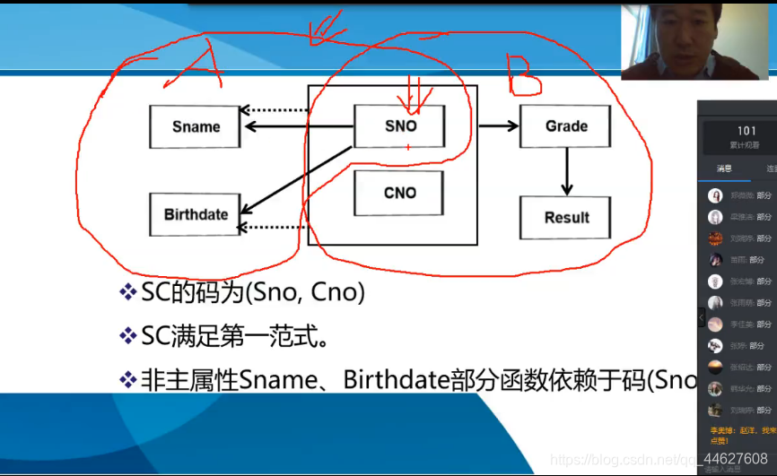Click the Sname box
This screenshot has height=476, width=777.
point(196,126)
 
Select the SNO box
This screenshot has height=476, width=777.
point(399,126)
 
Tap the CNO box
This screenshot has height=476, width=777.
point(399,193)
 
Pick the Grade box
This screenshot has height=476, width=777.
point(565,126)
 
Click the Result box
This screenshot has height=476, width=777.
point(566,218)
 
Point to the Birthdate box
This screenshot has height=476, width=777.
point(196,215)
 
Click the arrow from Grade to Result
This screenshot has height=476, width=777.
point(566,171)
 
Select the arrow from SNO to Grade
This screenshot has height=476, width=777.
point(499,126)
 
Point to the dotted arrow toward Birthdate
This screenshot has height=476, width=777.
point(274,227)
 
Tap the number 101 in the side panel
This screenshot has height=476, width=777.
point(746,132)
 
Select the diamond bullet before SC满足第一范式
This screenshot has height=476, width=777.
point(127,336)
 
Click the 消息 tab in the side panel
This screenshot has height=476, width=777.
point(724,169)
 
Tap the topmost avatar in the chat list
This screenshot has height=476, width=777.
point(715,195)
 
